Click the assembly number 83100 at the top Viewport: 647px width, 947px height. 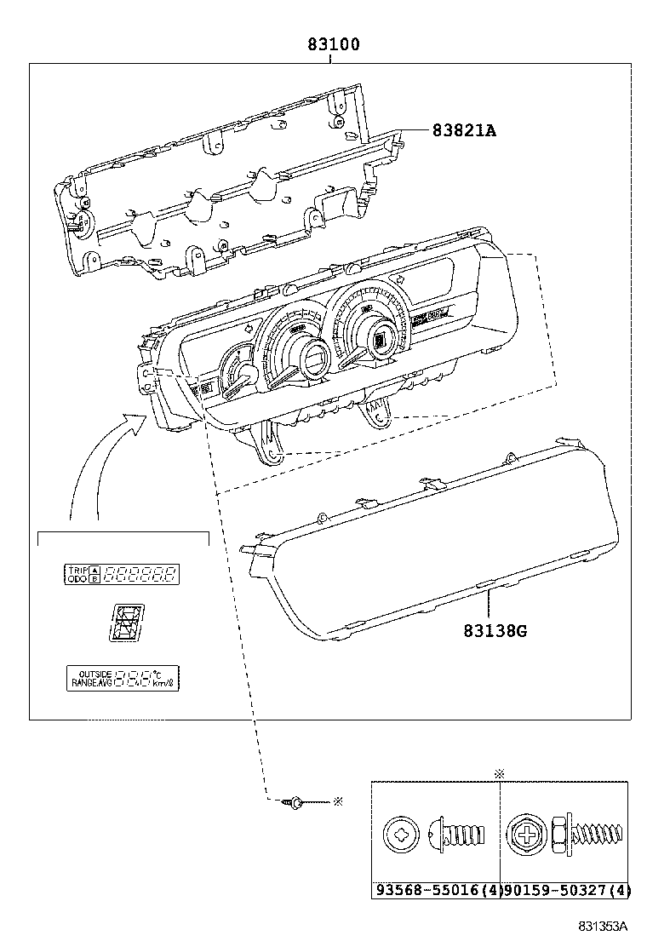[x=333, y=44]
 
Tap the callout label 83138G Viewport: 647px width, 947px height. [x=495, y=631]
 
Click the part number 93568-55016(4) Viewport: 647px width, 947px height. [x=435, y=891]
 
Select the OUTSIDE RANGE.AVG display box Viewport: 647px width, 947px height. [x=124, y=678]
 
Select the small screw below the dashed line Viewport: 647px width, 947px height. [x=295, y=801]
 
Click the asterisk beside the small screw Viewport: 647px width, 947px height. [x=337, y=801]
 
